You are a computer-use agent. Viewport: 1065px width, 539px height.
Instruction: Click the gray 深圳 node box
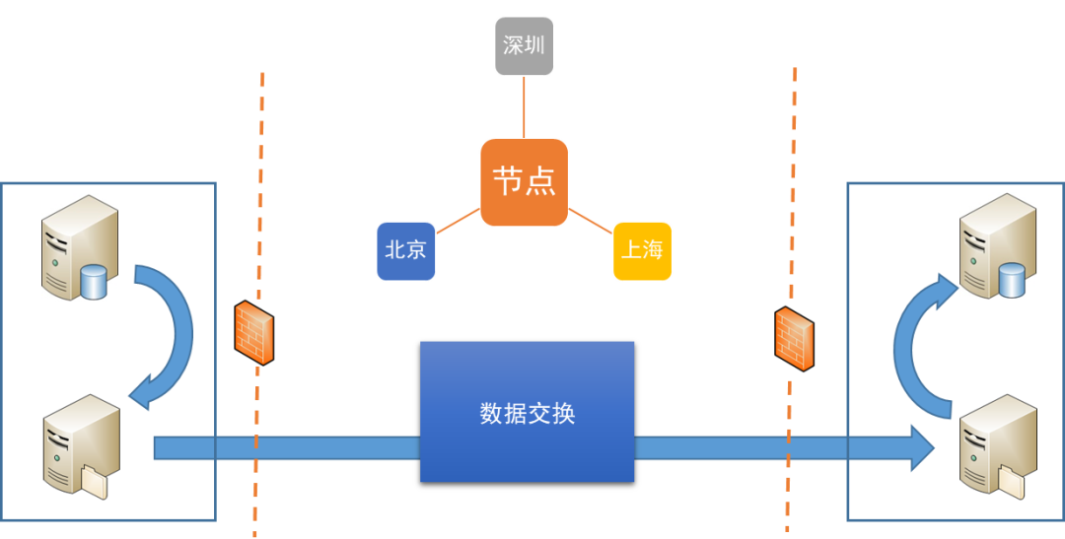(524, 46)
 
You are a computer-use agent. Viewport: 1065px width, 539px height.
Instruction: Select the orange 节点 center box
(524, 182)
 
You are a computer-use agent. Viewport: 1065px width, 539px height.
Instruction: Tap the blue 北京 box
(405, 250)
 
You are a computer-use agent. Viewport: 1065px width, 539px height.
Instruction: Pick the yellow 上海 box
(642, 250)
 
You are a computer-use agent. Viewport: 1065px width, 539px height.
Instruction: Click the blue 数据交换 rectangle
(527, 412)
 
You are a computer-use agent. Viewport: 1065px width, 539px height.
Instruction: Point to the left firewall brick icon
(253, 332)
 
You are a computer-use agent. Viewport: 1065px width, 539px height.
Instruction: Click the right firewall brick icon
(794, 338)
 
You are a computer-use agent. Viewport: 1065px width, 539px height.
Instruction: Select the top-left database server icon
(79, 246)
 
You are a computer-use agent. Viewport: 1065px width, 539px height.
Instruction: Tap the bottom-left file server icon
(80, 446)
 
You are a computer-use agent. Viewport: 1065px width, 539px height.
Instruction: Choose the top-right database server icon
(998, 246)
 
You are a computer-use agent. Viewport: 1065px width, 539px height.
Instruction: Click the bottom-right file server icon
(998, 446)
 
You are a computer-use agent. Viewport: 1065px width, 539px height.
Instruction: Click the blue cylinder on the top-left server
(94, 283)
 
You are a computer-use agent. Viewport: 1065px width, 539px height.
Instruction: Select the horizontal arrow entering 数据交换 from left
(286, 449)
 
